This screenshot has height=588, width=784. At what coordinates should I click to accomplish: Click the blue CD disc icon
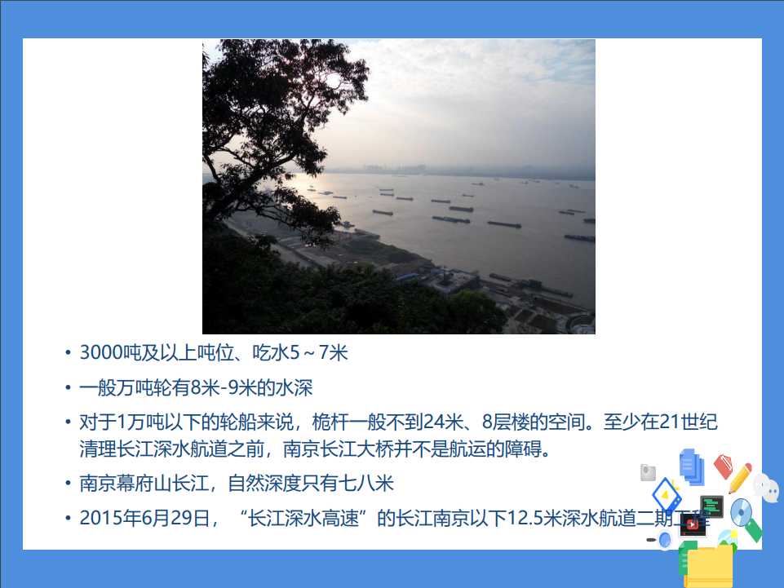(x=741, y=512)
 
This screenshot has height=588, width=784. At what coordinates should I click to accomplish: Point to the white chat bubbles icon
(x=765, y=488)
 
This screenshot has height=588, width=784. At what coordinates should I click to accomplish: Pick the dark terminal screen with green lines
(x=712, y=506)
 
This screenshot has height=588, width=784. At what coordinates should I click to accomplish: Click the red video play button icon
(x=692, y=525)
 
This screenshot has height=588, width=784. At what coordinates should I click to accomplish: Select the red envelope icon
(x=723, y=466)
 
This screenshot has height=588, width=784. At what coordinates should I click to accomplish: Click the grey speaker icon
(x=649, y=472)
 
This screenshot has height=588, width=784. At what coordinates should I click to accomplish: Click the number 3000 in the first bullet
(x=100, y=354)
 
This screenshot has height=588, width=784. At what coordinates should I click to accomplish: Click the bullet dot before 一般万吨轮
(x=67, y=389)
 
